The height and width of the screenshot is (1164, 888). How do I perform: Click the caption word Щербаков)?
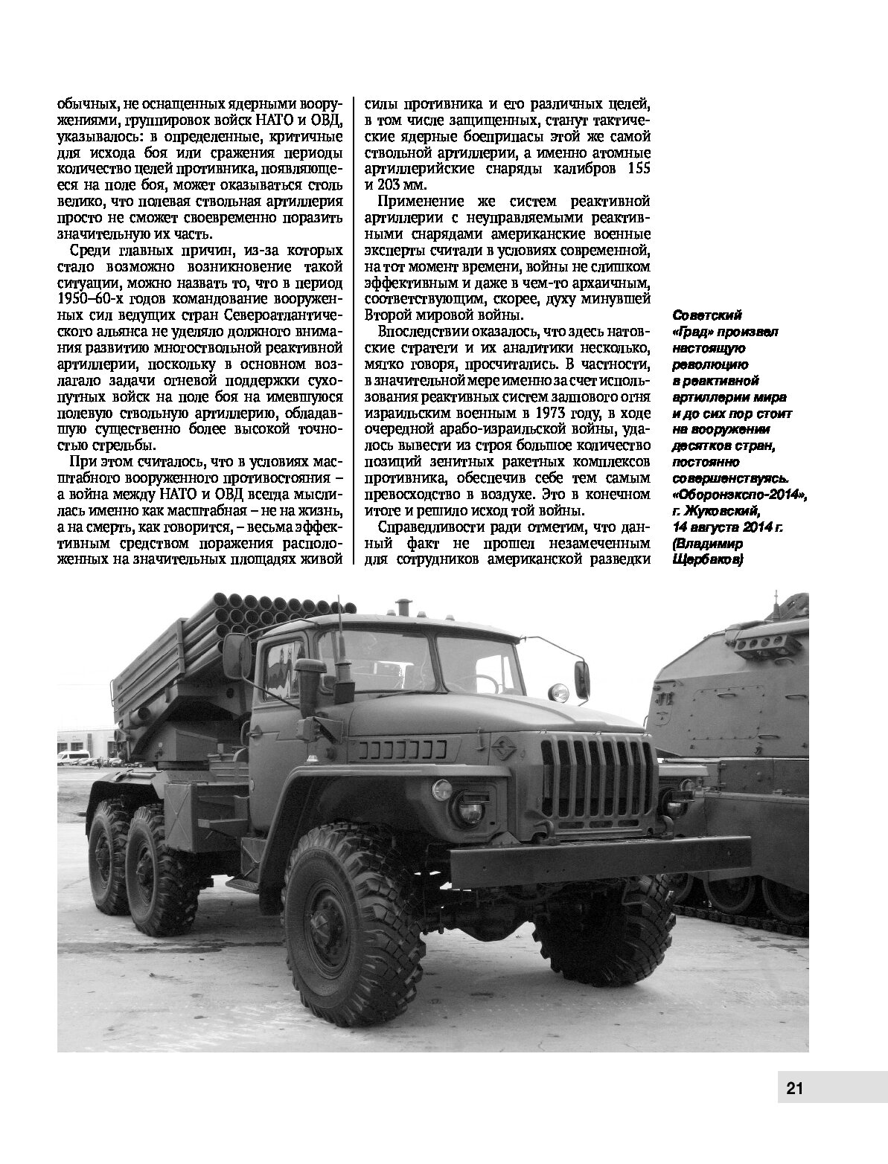pos(706,560)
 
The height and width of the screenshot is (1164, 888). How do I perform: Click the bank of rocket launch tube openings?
pos(231,614)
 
